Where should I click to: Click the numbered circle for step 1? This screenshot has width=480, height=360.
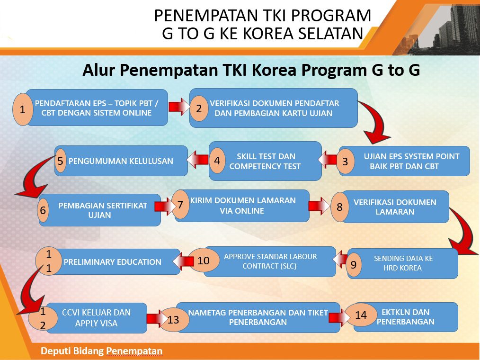[x=23, y=109]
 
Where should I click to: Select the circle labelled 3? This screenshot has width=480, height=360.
[x=345, y=161]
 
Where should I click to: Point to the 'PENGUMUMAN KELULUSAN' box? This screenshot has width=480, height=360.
[x=121, y=161]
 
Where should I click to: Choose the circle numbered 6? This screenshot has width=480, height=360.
[x=43, y=210]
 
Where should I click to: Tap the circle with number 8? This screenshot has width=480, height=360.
[x=339, y=207]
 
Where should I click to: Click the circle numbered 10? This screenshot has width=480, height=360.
[x=204, y=261]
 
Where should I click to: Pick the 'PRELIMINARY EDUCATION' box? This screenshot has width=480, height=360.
[x=116, y=261]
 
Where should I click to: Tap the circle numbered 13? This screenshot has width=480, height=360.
[x=173, y=320]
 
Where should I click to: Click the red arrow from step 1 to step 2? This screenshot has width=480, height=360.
[x=179, y=108]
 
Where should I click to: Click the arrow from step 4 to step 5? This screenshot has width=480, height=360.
[x=198, y=160]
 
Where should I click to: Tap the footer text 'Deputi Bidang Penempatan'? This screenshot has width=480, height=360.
[x=101, y=351]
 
